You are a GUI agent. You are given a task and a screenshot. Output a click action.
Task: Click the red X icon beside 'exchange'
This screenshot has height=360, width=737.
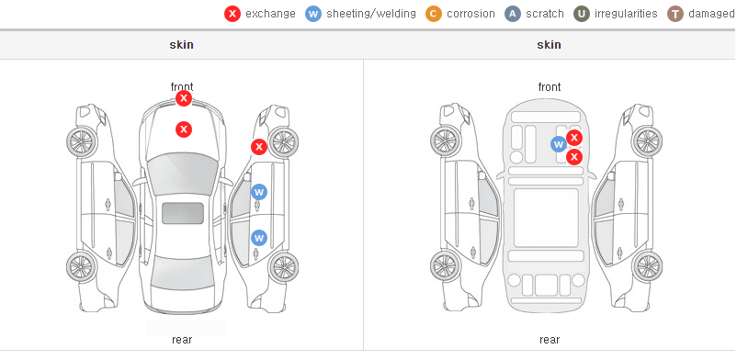tap(232, 14)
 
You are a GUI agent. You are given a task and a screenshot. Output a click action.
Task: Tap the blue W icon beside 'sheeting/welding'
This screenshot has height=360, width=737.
tap(313, 14)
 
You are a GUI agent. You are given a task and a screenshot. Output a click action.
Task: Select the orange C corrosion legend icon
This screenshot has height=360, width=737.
tap(434, 14)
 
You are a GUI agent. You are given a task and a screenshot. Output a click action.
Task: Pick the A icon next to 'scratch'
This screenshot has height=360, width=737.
tap(513, 14)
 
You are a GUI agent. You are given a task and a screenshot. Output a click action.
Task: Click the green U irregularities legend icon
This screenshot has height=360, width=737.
tap(582, 14)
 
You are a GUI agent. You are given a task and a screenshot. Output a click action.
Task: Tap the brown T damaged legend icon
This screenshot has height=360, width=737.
tap(675, 14)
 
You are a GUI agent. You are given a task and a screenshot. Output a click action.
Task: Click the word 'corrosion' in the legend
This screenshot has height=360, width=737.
tap(471, 14)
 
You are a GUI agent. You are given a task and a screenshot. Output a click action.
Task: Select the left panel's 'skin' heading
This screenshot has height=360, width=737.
tap(181, 45)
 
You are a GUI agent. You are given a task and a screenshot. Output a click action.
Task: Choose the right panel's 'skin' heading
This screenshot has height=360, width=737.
tap(549, 45)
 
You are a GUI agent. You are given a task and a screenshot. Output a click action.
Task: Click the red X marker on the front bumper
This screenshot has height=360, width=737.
tap(184, 98)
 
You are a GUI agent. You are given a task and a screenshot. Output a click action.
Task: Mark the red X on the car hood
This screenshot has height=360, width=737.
tap(184, 129)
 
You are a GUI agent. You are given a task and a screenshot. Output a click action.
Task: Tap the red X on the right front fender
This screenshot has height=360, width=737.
tap(258, 147)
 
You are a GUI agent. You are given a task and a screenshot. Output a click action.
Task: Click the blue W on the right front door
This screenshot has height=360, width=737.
tap(259, 192)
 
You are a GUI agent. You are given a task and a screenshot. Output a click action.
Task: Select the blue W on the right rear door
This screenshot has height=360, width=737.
tap(259, 238)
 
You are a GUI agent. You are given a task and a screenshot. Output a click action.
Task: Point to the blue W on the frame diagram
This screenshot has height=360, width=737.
tap(559, 144)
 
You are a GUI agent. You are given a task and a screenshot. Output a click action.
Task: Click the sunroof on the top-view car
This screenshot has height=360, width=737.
tap(183, 213)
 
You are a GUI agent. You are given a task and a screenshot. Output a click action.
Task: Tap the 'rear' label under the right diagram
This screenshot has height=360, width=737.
tap(549, 339)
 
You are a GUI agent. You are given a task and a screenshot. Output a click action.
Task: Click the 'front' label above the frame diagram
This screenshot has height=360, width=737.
tap(549, 87)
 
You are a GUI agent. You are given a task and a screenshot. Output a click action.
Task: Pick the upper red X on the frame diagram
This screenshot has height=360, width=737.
tap(574, 138)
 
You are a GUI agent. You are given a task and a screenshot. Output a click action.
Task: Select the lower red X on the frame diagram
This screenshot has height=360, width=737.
tap(574, 157)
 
